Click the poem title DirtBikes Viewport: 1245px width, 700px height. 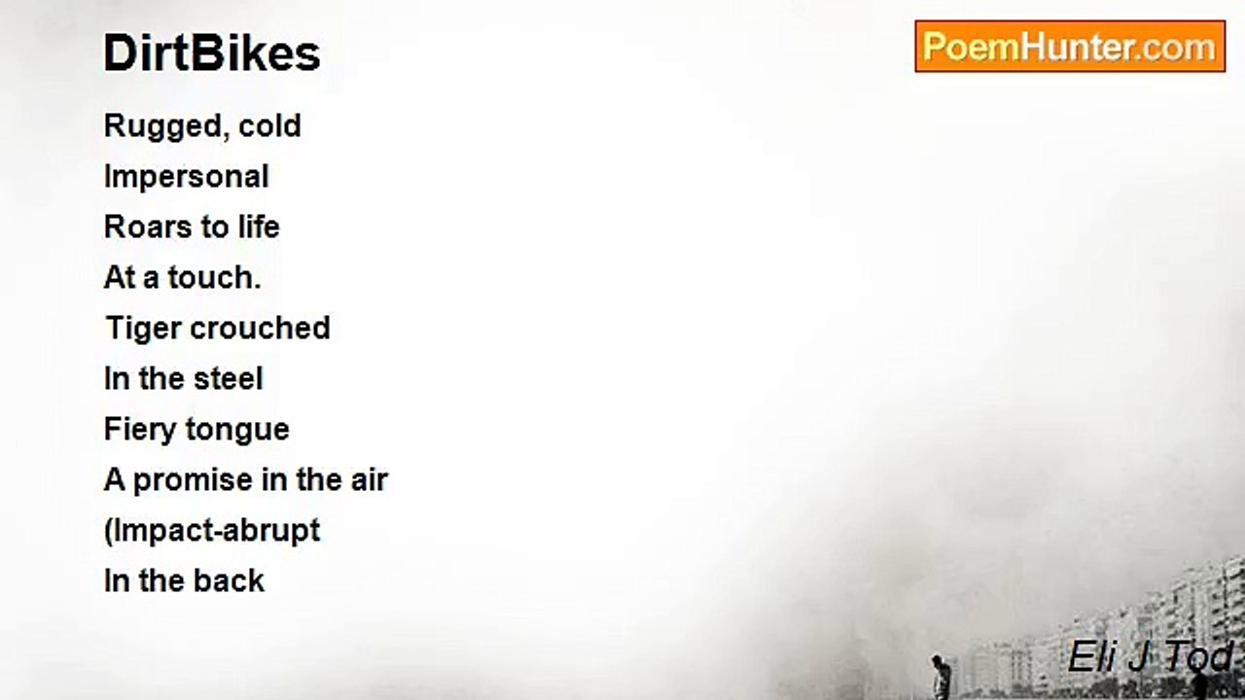[212, 53]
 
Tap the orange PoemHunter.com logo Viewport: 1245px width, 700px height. [1070, 47]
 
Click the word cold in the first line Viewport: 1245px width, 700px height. [269, 126]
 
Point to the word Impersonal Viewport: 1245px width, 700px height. [186, 178]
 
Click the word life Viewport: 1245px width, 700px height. [259, 227]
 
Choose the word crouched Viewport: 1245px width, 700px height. [260, 328]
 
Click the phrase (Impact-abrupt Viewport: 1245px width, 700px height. [212, 532]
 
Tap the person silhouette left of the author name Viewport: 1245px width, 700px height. [940, 677]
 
